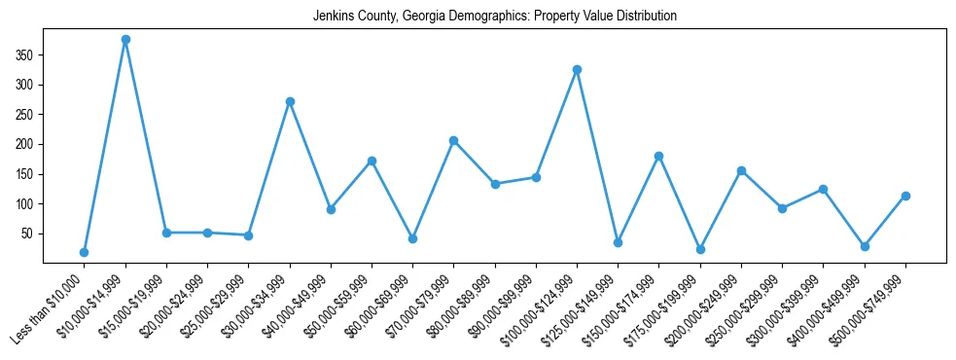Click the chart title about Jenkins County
pyautogui.click(x=495, y=17)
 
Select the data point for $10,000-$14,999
pyautogui.click(x=125, y=40)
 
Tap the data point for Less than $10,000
pyautogui.click(x=85, y=252)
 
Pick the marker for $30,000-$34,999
pyautogui.click(x=290, y=101)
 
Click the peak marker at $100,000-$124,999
pyautogui.click(x=577, y=69)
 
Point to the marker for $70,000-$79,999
pyautogui.click(x=454, y=140)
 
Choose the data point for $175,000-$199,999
pyautogui.click(x=700, y=249)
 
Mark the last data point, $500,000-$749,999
pyautogui.click(x=905, y=196)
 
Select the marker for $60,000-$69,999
pyautogui.click(x=413, y=238)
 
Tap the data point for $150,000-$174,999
pyautogui.click(x=659, y=156)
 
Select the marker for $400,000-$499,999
pyautogui.click(x=865, y=246)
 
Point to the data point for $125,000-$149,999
pyautogui.click(x=619, y=242)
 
